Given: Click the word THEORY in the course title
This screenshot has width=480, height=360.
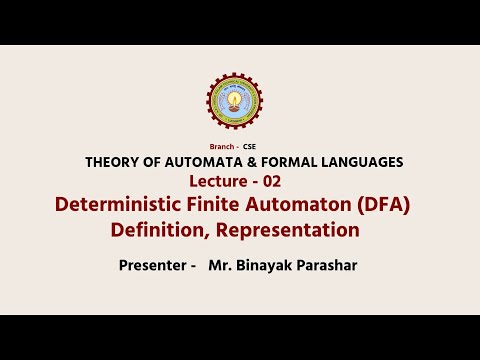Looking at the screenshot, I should [x=111, y=162].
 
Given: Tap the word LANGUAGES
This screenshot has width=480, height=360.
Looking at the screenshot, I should [x=358, y=162].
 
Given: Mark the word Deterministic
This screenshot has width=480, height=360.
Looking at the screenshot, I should [x=121, y=205].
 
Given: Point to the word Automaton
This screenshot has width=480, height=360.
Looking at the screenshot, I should [x=308, y=205].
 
